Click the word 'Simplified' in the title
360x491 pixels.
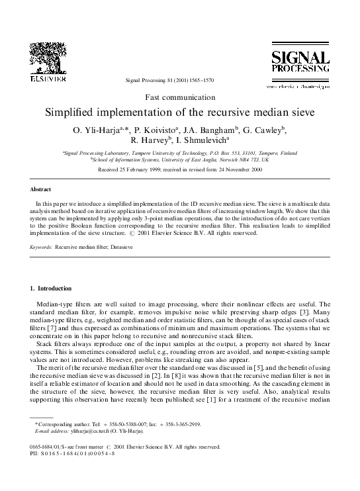[74, 111]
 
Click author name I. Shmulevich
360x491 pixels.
[202, 141]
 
